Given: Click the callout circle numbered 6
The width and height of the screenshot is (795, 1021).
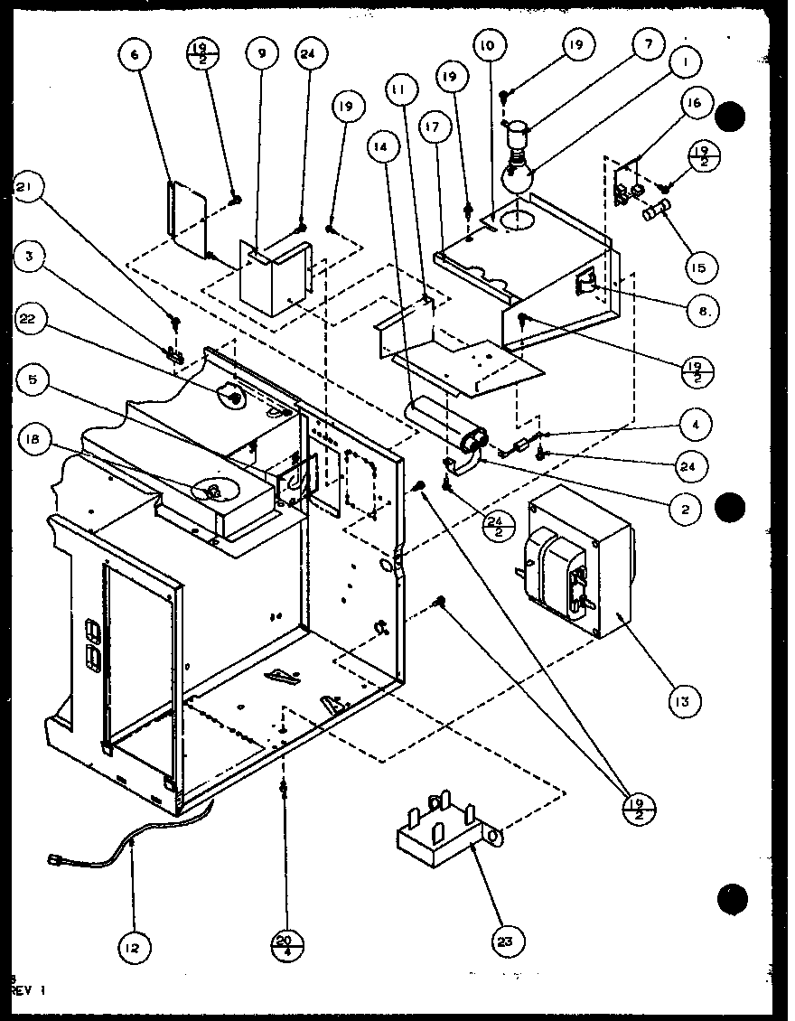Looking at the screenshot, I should coord(135,56).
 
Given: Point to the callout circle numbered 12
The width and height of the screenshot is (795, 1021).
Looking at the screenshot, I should coord(134,948).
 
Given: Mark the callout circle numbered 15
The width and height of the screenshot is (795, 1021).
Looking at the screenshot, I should coord(700,267).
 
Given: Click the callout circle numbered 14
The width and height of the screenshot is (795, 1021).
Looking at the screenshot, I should coord(382,145).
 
